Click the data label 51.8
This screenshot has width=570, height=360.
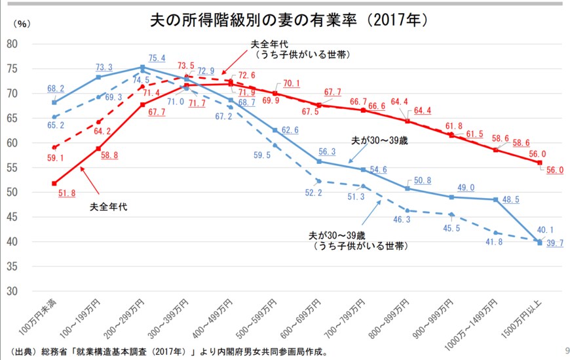(66, 193)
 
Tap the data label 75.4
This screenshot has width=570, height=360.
(157, 58)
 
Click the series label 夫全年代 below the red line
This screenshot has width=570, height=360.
(109, 207)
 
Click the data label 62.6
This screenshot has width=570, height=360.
(289, 130)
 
